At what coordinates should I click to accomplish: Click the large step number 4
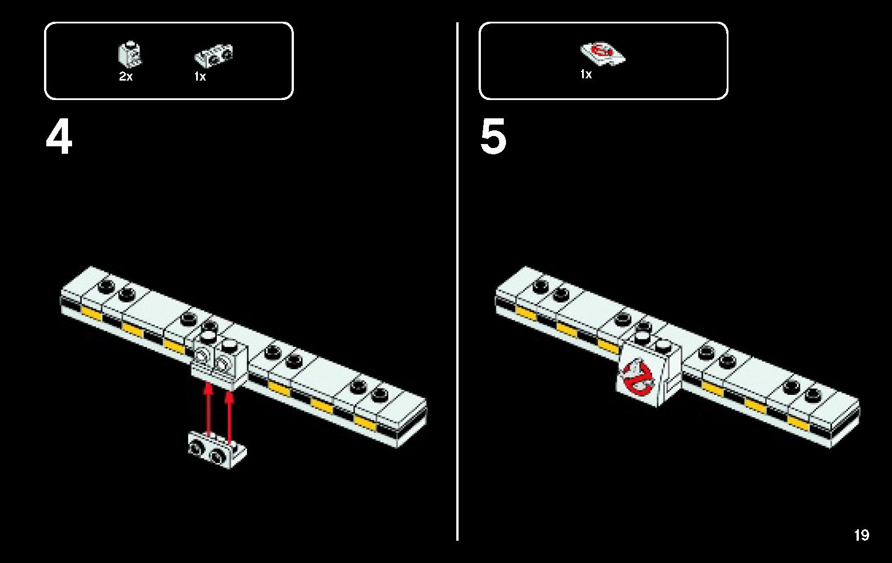(x=59, y=138)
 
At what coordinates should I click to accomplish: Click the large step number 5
(x=493, y=138)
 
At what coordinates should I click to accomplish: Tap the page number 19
(x=861, y=535)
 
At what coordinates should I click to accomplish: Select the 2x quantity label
(x=126, y=77)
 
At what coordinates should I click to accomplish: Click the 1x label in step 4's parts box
(x=200, y=77)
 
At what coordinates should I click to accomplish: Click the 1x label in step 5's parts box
(x=586, y=74)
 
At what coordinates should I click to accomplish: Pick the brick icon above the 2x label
(x=130, y=55)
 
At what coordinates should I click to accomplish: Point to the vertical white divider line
(x=457, y=280)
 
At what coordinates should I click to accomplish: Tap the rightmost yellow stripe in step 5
(x=798, y=424)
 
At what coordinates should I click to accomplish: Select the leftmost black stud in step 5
(x=539, y=285)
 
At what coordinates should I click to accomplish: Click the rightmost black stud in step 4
(x=379, y=394)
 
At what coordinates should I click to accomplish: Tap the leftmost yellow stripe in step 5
(x=525, y=312)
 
